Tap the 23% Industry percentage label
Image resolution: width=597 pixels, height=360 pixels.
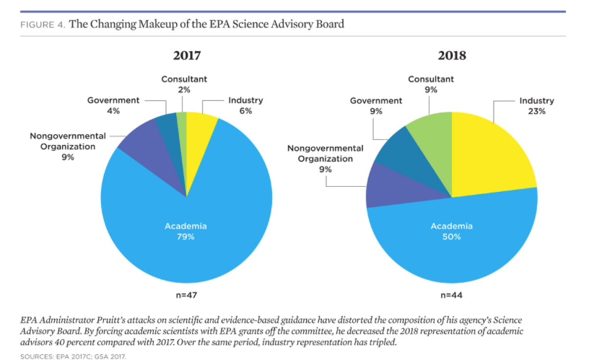pos(537,111)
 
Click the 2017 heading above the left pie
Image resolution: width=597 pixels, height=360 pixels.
pos(186,56)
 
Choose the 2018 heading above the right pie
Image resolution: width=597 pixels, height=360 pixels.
pos(452,56)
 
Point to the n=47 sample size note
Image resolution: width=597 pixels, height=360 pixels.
pos(186,296)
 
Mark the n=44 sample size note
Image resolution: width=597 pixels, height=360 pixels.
pos(452,296)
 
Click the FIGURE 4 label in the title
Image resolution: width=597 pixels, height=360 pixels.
pos(43,25)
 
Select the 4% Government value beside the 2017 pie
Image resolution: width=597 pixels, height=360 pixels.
pos(113,111)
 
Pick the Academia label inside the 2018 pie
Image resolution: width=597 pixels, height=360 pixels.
pos(452,227)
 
